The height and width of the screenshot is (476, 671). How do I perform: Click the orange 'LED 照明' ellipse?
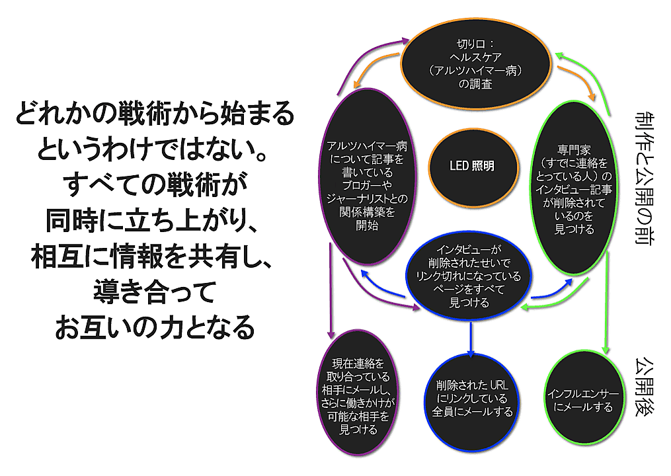click(463, 166)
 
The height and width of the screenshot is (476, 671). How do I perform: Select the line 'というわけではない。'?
click(153, 149)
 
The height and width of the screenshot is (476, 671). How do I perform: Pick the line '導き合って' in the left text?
click(153, 292)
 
